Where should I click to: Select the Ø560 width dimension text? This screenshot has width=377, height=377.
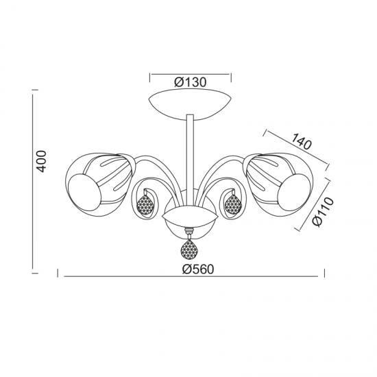(x=189, y=269)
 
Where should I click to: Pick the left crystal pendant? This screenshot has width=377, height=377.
(x=145, y=204)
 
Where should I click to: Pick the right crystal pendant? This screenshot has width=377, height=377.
(x=233, y=204)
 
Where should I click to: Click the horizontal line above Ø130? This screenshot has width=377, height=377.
(x=189, y=72)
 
